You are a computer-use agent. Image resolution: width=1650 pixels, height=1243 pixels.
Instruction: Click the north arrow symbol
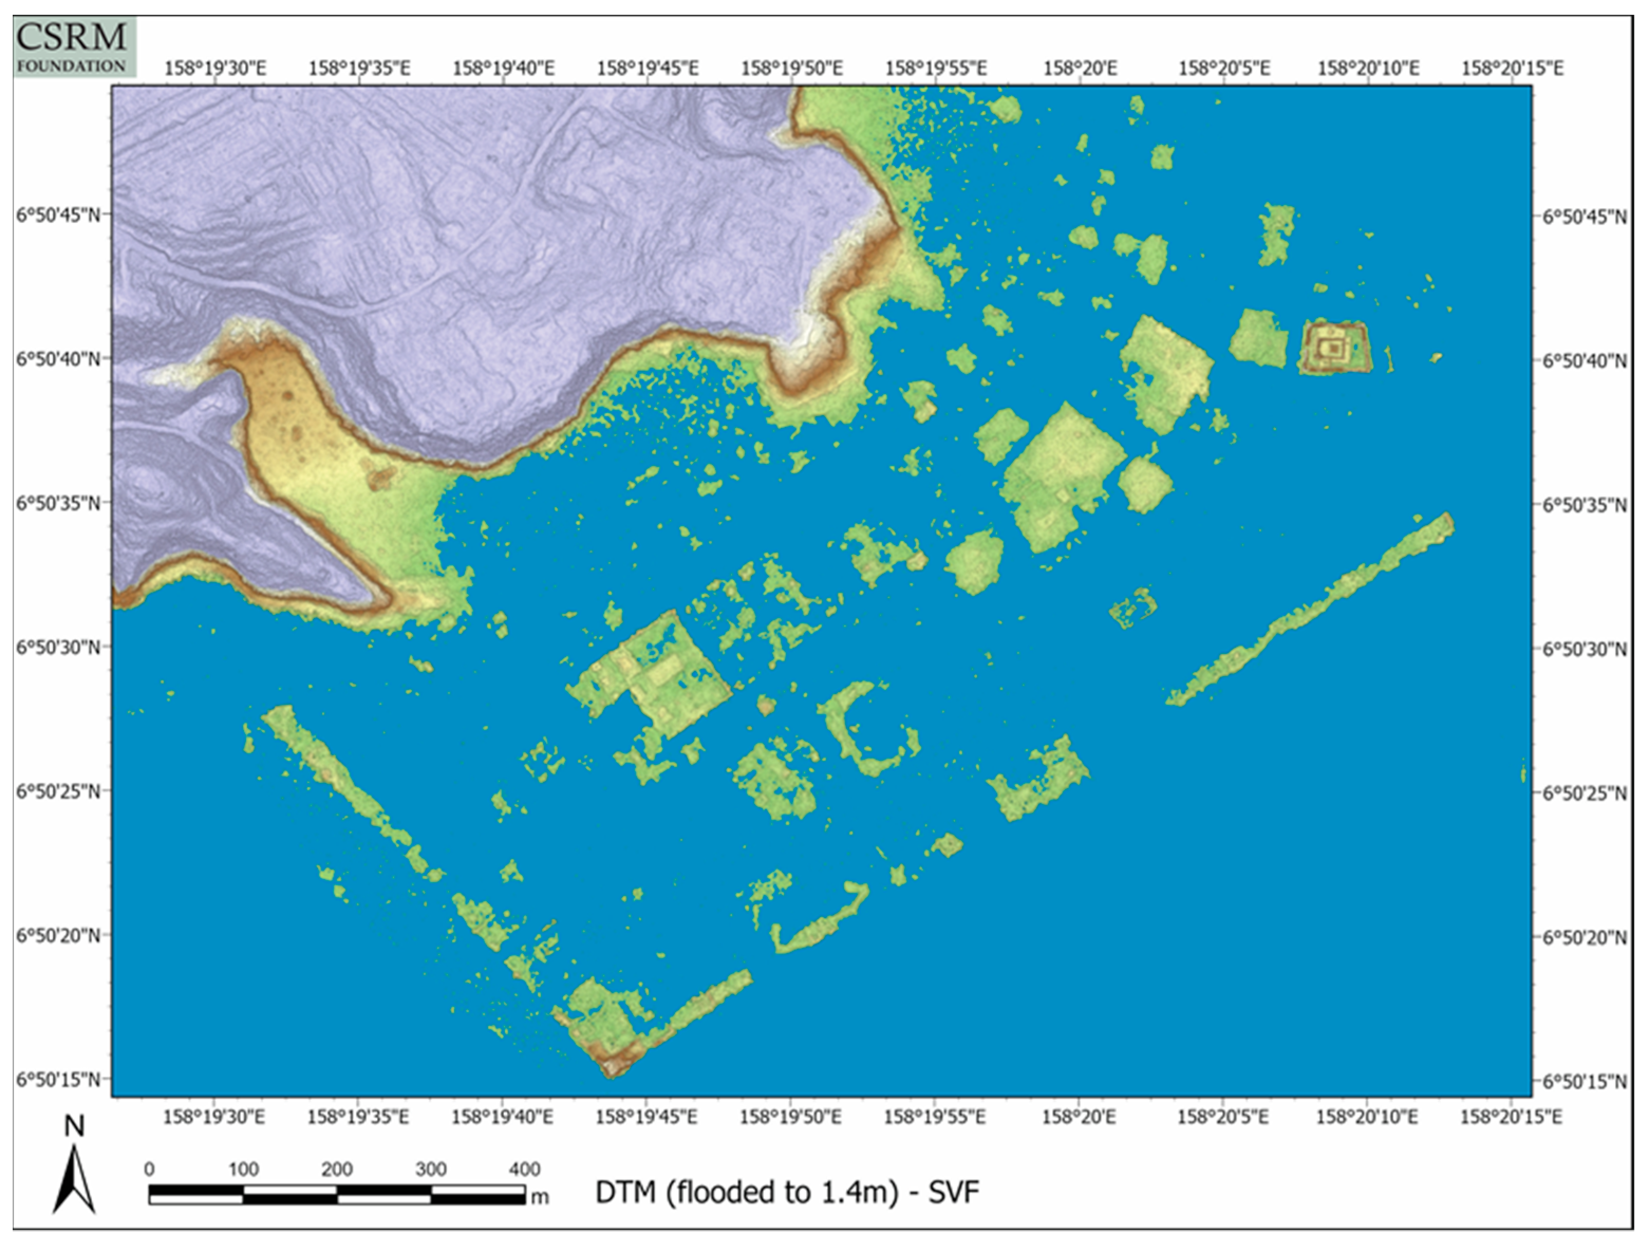(74, 1180)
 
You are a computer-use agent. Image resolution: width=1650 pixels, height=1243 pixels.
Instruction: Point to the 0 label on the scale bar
(149, 1169)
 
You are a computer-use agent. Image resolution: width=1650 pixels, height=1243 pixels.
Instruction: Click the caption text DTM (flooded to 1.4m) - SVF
(786, 1192)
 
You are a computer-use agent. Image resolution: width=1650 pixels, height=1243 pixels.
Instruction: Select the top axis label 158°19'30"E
(215, 69)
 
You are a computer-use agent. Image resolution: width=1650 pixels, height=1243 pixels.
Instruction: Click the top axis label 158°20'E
(1080, 69)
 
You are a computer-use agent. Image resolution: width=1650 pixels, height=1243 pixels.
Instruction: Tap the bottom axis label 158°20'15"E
(1511, 1117)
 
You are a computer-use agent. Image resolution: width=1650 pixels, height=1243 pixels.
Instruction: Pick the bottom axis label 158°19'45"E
(646, 1117)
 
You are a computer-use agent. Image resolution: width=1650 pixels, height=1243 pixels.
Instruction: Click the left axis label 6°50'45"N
(58, 215)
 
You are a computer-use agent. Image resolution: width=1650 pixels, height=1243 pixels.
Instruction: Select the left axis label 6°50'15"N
(58, 1080)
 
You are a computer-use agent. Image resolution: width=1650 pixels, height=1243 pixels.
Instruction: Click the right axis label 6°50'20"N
(1585, 937)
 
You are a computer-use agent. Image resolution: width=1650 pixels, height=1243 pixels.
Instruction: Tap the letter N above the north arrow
(74, 1126)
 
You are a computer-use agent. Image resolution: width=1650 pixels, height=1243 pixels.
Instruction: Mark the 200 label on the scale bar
(336, 1169)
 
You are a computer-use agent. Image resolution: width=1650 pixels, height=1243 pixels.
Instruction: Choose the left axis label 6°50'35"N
(58, 503)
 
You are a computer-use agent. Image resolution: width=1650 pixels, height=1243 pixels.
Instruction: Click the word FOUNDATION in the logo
(72, 66)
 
